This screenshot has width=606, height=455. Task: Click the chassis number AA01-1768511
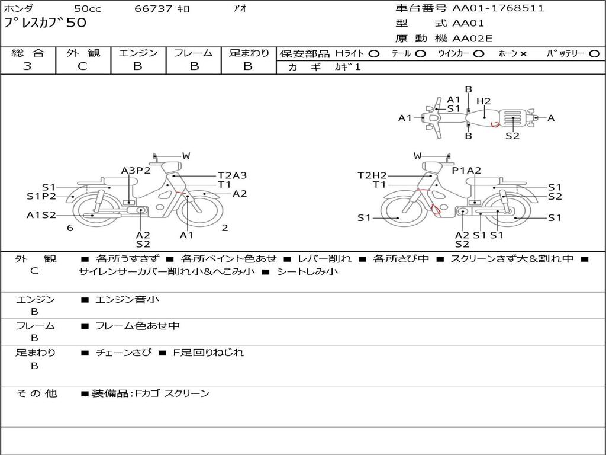[498, 8]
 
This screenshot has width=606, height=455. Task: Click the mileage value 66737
[153, 8]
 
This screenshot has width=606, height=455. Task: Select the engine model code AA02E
[472, 39]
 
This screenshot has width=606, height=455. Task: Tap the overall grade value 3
[27, 66]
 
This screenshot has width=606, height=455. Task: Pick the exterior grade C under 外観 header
[82, 66]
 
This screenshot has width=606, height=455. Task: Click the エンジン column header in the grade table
[138, 53]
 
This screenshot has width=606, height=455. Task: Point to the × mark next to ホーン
[523, 54]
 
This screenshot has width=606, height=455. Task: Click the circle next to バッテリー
[594, 54]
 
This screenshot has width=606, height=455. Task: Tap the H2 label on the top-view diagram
[483, 101]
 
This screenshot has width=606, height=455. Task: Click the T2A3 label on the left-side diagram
[232, 175]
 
